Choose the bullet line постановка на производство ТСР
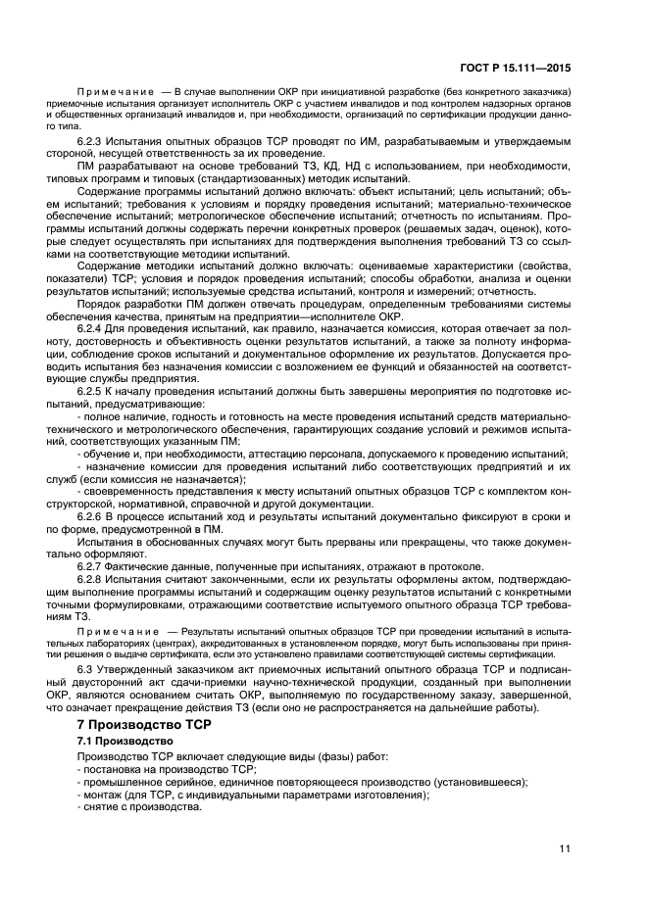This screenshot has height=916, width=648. (168, 770)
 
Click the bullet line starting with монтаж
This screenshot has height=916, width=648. (254, 795)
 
